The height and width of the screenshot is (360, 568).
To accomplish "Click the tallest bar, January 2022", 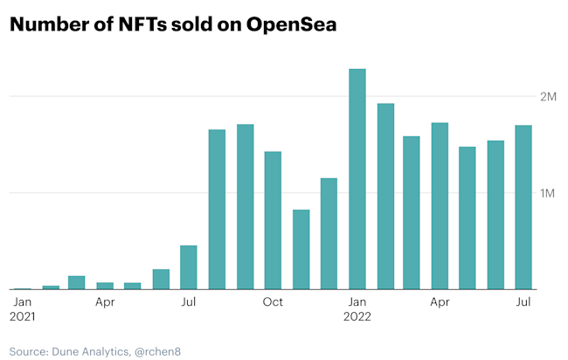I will [357, 179].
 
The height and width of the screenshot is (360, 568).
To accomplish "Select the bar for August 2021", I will [217, 210].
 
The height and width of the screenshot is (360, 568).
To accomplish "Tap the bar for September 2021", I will [245, 207].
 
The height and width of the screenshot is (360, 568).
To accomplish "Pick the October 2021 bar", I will [273, 220].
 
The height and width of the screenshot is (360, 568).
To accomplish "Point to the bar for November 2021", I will [301, 249].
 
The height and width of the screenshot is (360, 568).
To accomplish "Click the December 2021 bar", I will [329, 233].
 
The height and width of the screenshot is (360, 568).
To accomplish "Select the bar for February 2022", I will [384, 197].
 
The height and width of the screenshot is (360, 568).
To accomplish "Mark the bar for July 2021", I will [189, 267].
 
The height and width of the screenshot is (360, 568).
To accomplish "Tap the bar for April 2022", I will [440, 206].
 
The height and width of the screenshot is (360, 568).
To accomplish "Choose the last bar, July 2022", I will [523, 207].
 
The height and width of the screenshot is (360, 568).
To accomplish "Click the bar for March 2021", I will [77, 282].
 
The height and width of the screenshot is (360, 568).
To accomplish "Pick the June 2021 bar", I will [161, 279].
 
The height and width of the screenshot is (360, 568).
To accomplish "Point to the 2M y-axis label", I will [548, 96].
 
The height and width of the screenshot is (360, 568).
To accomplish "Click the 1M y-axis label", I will [548, 193].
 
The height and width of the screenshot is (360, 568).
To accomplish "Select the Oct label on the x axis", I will [273, 302].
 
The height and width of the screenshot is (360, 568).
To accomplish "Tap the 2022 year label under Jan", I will [357, 317].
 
